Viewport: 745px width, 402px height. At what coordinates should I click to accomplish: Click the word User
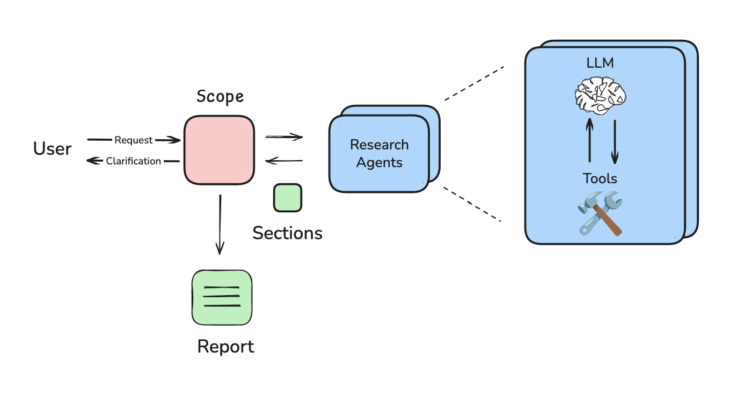pos(52,148)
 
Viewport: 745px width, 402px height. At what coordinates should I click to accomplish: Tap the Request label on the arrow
pos(133,140)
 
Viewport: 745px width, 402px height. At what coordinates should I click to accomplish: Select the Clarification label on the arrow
pos(133,161)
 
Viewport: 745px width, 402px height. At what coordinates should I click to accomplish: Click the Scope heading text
pos(220,97)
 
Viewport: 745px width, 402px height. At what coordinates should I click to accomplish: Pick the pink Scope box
pos(219,150)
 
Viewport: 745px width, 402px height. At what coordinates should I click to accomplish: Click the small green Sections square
pos(288,198)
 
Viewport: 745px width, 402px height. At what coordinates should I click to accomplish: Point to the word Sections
pos(287,233)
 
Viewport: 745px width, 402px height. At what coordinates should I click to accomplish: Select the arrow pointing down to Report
pos(220,225)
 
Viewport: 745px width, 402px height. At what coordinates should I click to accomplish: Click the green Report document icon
pos(222,297)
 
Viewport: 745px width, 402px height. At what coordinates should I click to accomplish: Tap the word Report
pos(225,347)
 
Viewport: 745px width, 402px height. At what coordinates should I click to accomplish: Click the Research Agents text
pos(379,154)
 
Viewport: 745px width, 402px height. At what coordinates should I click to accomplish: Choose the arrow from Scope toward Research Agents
pos(284,137)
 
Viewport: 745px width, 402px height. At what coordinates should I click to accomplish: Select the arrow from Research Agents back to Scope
pos(284,161)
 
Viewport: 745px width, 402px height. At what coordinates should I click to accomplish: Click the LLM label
pos(600,63)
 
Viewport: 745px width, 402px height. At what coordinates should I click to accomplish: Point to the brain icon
pos(600,96)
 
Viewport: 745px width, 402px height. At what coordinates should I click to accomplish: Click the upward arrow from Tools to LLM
pos(590,140)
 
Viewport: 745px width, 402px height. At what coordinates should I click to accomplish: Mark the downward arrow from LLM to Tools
pos(615,142)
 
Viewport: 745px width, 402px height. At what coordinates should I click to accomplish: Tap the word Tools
pos(600,178)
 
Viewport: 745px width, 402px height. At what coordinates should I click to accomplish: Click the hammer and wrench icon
pos(600,213)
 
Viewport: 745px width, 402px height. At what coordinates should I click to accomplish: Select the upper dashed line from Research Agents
pos(474,83)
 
